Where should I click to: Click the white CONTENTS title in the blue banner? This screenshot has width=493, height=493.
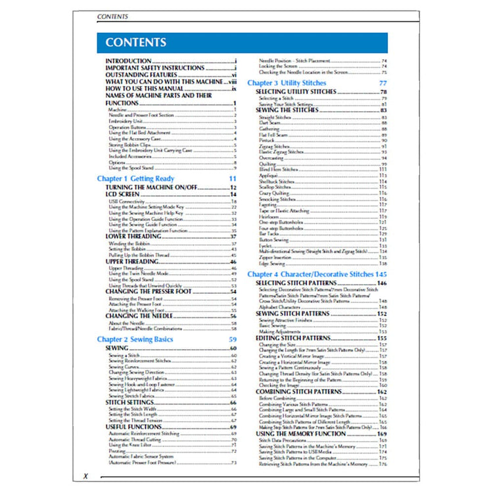click(x=135, y=43)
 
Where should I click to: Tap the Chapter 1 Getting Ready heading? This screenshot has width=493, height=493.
click(x=135, y=178)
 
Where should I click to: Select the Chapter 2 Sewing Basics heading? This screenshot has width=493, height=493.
click(x=135, y=339)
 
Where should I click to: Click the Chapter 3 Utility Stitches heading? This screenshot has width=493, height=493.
click(x=286, y=83)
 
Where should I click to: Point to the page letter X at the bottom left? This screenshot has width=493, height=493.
click(x=85, y=475)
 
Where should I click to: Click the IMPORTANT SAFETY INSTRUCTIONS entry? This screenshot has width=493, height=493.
click(x=154, y=68)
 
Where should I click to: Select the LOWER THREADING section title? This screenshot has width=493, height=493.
click(x=134, y=237)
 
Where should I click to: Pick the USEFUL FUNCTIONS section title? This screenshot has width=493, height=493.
click(x=134, y=427)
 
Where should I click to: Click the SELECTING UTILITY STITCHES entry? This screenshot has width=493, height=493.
click(x=296, y=92)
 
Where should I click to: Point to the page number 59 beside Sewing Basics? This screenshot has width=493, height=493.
click(x=232, y=339)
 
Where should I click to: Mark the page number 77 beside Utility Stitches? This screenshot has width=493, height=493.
click(x=383, y=83)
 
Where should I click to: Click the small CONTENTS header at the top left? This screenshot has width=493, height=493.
click(x=112, y=16)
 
